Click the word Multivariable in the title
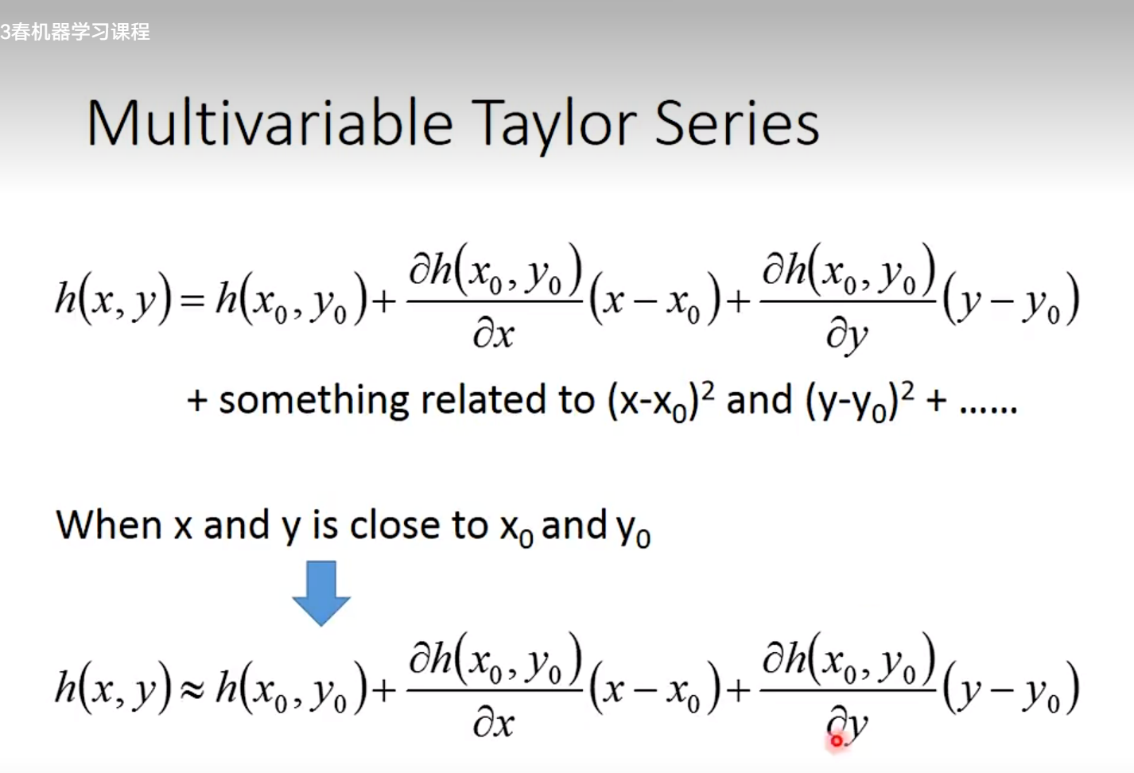click(x=270, y=122)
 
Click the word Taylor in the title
click(x=553, y=126)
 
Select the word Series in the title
click(x=737, y=123)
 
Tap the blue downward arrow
click(x=321, y=593)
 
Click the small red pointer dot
click(x=837, y=741)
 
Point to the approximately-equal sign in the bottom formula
click(x=193, y=689)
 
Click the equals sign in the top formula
click(x=192, y=301)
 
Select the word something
click(x=313, y=401)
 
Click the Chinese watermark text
click(x=75, y=32)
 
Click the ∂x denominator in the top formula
click(x=494, y=335)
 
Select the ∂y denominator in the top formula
click(x=847, y=336)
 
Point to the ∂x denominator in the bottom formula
click(x=494, y=724)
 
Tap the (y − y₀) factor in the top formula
click(x=1011, y=300)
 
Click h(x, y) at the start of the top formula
click(x=114, y=300)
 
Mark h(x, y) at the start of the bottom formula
click(x=114, y=689)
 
